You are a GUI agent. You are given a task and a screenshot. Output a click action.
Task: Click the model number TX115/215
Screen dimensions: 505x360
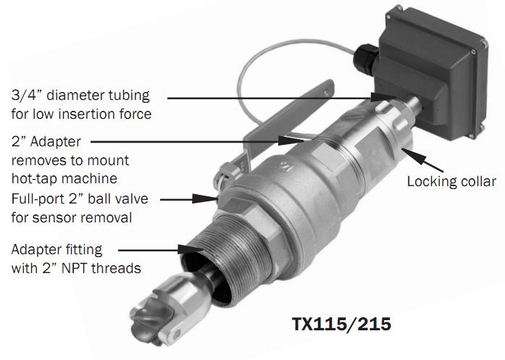point(341,324)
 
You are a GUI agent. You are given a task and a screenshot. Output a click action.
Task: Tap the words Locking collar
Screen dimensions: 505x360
point(451,182)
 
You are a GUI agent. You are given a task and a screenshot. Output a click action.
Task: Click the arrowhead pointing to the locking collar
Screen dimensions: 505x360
point(413,156)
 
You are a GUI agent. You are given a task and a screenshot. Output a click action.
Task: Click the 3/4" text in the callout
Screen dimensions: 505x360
point(27,96)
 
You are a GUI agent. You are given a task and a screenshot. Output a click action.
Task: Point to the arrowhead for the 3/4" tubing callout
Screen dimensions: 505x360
point(383,97)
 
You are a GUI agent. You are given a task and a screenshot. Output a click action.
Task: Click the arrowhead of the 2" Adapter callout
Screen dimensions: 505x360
point(291,141)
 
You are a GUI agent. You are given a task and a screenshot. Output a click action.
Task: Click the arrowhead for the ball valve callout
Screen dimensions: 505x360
point(204,198)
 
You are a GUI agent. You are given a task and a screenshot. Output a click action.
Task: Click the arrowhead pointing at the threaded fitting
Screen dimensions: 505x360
point(191,249)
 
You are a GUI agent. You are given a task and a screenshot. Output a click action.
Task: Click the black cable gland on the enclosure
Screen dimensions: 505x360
point(367,59)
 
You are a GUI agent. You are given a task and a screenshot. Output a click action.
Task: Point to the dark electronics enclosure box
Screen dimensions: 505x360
point(432,72)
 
